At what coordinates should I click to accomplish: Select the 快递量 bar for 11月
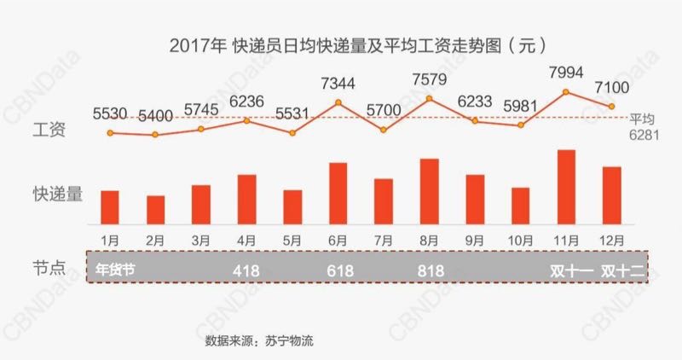566,186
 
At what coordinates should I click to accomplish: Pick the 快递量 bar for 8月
429,190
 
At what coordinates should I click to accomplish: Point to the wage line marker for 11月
566,91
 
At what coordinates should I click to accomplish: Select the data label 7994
567,73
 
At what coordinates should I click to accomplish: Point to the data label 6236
247,100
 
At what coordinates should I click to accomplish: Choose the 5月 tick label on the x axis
292,239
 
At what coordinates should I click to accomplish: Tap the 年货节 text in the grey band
116,270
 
